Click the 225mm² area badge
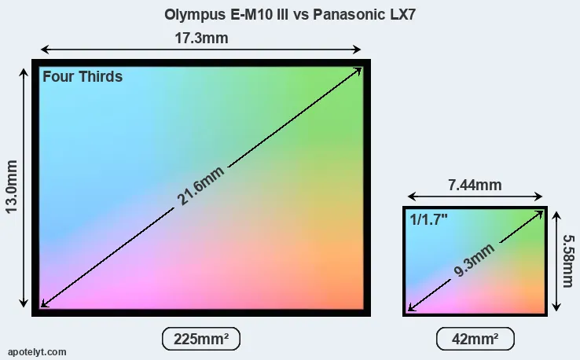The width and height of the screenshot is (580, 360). click(x=200, y=339)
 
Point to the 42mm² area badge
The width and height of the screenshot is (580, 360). click(x=475, y=339)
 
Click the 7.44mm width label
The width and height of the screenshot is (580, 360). click(x=475, y=186)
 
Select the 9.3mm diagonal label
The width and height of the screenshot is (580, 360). click(x=474, y=261)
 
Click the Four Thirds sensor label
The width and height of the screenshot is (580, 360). click(x=83, y=77)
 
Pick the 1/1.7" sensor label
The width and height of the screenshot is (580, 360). click(x=428, y=220)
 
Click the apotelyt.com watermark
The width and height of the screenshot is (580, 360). click(x=37, y=351)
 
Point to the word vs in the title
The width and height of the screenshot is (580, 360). click(x=303, y=14)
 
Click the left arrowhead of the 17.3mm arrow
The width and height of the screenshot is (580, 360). click(x=42, y=50)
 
